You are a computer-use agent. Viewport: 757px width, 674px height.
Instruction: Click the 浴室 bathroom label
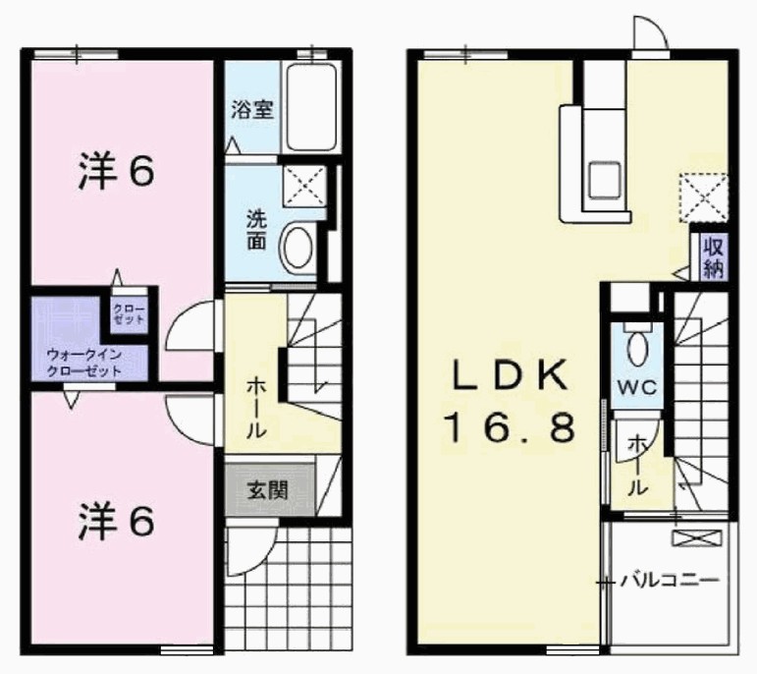coord(252,109)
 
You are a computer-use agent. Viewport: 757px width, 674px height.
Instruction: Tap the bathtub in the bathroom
coord(311,107)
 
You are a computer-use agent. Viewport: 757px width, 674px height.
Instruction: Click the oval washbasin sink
coord(297,248)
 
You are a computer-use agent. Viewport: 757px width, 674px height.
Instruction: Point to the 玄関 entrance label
coord(268,490)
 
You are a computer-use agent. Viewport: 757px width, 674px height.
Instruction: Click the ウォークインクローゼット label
coord(84,363)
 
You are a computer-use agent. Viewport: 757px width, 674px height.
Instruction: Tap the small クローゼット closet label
coord(129,314)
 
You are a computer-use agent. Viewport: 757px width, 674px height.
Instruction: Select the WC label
coord(637,386)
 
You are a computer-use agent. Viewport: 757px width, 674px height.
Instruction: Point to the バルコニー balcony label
coord(670,580)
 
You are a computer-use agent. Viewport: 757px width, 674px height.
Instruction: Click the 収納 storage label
coord(714,258)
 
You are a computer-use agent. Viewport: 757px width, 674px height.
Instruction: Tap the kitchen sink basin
coord(604,179)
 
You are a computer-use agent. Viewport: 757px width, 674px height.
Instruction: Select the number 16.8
coord(511,428)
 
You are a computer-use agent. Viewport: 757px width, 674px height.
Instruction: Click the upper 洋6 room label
coord(117,170)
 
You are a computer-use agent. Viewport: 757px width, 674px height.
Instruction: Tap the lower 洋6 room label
coord(117,521)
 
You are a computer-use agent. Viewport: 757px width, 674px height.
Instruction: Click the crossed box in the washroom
coord(305,187)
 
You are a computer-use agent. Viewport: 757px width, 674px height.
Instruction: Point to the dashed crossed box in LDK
coord(703,197)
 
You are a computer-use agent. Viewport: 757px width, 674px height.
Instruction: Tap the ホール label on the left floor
coord(256,408)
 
